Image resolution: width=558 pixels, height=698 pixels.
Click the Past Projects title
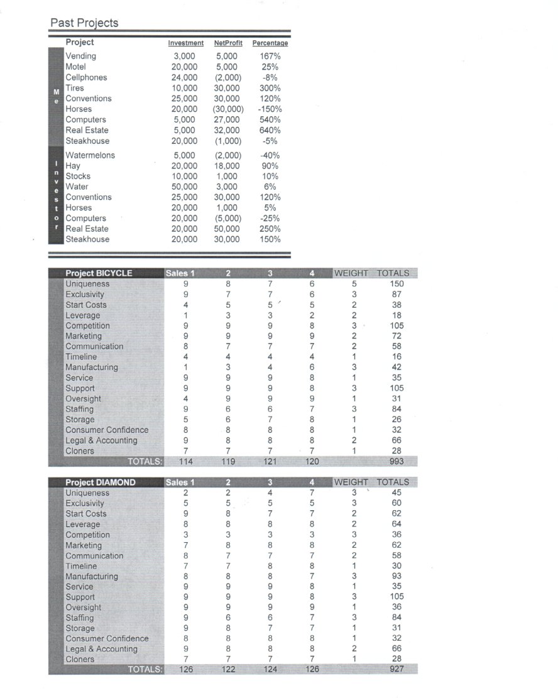click(84, 23)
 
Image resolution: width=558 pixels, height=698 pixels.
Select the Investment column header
click(186, 43)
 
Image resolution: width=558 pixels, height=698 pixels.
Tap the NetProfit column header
click(228, 43)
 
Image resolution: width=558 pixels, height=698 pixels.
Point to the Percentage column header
click(270, 43)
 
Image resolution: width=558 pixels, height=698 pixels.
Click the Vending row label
click(81, 56)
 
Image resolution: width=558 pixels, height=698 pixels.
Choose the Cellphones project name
click(86, 77)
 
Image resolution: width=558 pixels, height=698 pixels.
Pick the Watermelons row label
click(90, 155)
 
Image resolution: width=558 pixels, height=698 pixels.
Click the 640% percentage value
click(270, 130)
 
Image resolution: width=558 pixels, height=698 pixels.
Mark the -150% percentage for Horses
click(270, 109)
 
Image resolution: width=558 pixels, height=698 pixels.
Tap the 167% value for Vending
click(270, 56)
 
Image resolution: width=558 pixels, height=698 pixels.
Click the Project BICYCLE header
click(99, 273)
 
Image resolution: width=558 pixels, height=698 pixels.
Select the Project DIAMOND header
click(100, 483)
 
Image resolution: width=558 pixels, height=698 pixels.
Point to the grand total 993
click(397, 462)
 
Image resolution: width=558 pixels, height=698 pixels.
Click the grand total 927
click(397, 670)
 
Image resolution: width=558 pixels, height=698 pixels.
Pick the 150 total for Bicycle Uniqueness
click(397, 284)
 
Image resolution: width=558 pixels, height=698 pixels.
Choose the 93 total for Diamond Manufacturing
click(397, 576)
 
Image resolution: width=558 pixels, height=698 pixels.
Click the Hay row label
click(73, 166)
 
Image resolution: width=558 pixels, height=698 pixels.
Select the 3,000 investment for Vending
click(185, 56)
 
